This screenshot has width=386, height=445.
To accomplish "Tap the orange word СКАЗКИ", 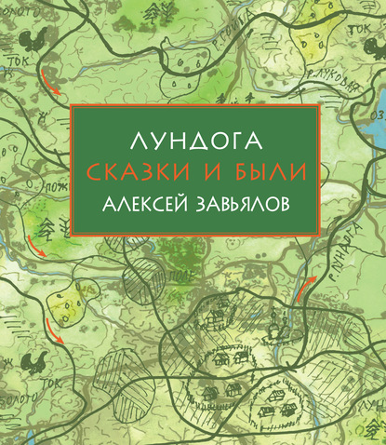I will [145, 171].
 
